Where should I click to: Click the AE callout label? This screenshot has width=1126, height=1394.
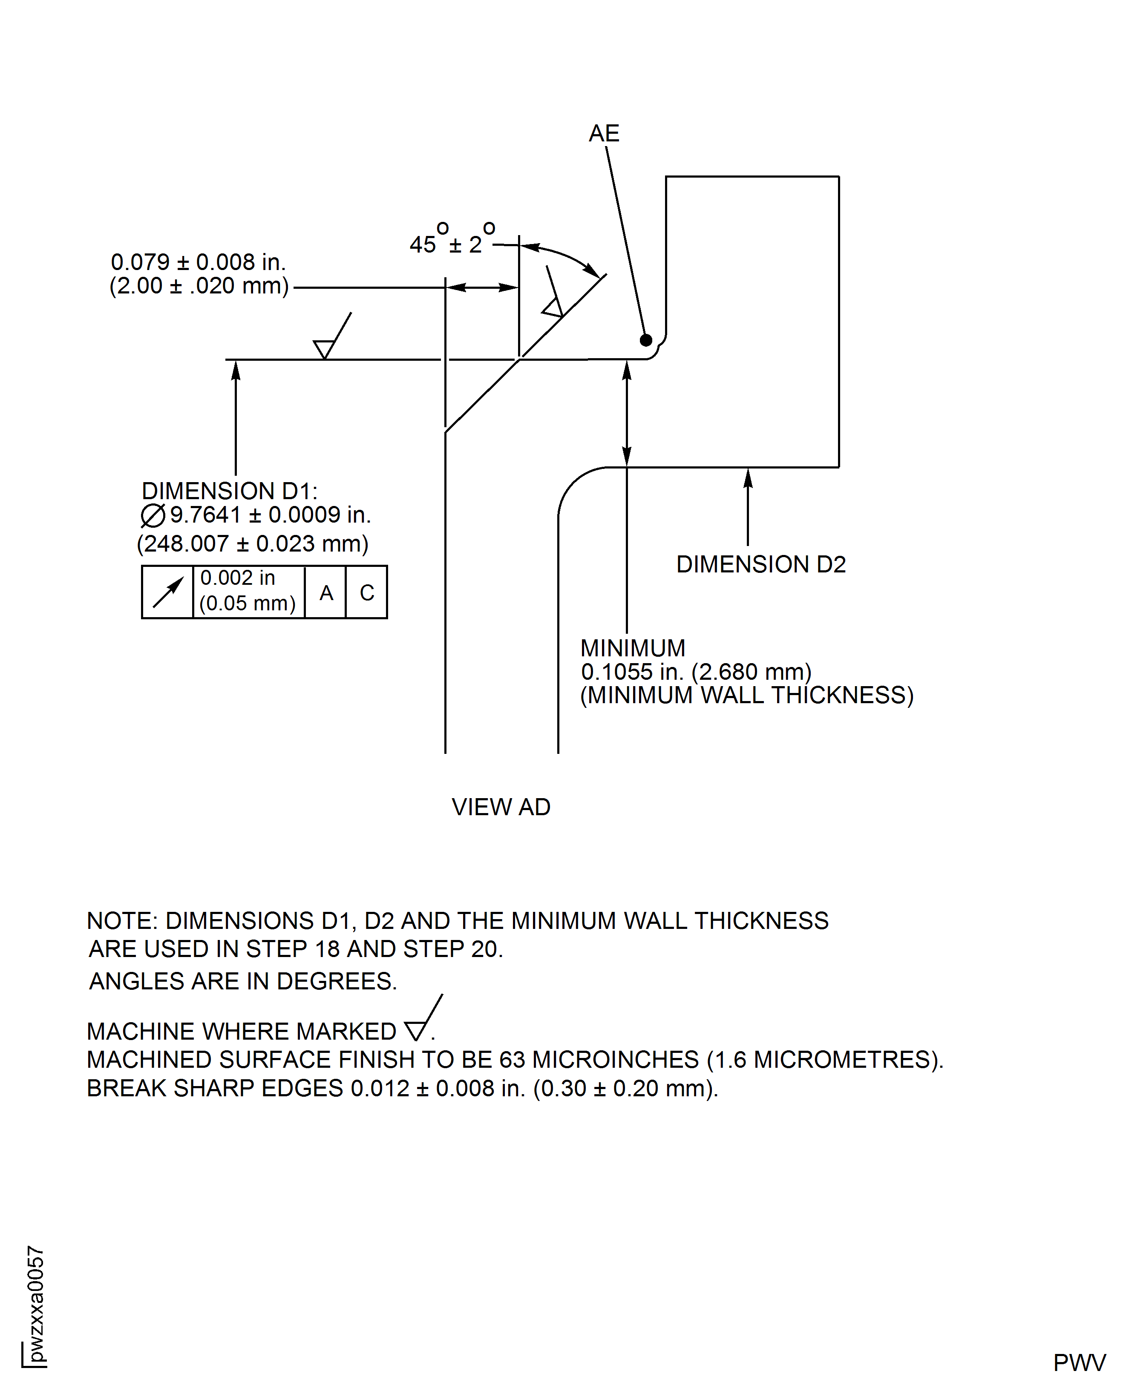coord(604,134)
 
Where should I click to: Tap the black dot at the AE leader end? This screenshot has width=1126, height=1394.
coord(646,340)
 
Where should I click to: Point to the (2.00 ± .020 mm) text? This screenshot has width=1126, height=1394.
coord(199,286)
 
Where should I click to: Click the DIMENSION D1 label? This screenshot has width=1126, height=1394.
coord(229,491)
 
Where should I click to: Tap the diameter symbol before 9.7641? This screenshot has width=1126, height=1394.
coord(153,515)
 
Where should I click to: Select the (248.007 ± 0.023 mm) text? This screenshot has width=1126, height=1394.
coord(252,543)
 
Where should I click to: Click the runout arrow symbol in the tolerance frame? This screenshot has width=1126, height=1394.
coord(167,592)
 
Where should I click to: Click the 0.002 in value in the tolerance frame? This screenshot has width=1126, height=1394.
coord(237,578)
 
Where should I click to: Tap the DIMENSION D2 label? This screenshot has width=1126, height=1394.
coord(761,564)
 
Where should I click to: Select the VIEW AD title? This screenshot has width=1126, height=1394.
coord(501,807)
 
